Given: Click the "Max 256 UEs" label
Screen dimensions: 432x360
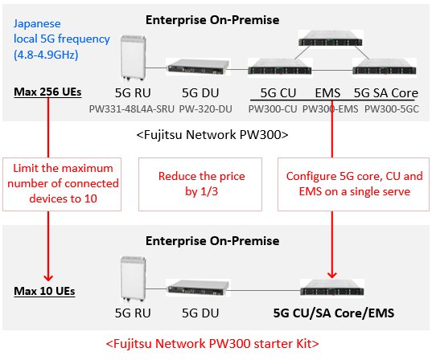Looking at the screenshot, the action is [47, 92].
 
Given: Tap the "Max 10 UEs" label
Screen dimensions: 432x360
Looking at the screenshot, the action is [44, 291].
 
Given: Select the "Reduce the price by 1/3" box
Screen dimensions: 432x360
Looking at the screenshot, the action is [200, 184].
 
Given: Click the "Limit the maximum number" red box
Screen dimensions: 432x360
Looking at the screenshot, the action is [62, 184].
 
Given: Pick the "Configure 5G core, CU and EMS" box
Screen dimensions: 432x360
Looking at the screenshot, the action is [353, 184].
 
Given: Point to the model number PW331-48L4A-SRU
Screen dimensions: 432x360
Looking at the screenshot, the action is [132, 109].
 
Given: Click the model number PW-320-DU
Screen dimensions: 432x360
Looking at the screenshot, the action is [205, 109].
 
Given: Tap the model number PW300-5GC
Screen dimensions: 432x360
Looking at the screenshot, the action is [392, 109].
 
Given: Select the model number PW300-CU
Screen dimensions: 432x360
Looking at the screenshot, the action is [273, 109].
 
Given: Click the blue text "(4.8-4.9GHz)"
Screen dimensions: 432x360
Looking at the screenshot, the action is [46, 55].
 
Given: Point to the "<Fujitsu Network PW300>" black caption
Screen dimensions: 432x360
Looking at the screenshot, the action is [212, 135].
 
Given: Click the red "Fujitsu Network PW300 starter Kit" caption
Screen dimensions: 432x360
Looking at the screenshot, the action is [212, 344].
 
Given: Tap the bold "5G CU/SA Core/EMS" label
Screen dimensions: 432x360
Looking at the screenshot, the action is [334, 313].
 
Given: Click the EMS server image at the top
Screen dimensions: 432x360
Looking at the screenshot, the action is [331, 38].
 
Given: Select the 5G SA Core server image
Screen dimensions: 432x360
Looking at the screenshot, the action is [385, 67].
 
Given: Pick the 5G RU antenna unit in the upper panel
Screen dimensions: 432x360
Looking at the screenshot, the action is [133, 58].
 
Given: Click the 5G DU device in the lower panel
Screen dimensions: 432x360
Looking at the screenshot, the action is [199, 288].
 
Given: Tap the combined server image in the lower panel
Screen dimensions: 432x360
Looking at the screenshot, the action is [332, 288].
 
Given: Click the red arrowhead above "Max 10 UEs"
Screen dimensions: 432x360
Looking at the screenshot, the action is [48, 278].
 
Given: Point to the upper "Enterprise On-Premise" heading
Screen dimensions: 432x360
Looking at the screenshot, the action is [212, 20].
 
